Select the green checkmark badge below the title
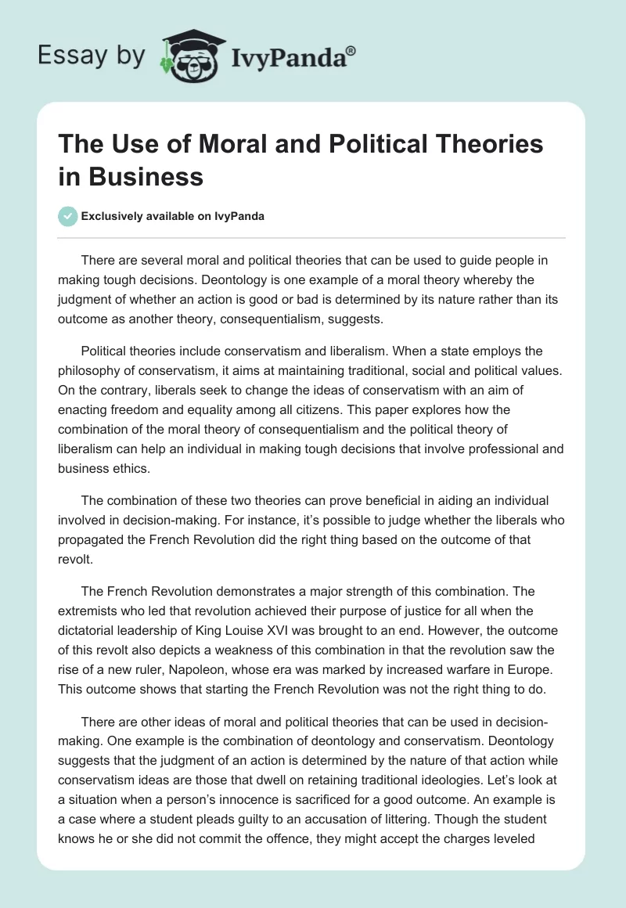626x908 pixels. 67,216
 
